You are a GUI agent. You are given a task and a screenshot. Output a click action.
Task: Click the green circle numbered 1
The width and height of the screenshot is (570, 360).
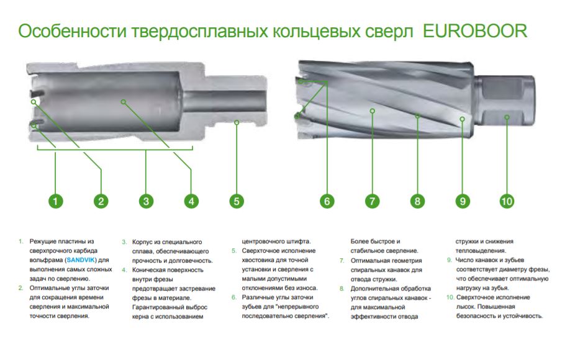pyautogui.click(x=55, y=200)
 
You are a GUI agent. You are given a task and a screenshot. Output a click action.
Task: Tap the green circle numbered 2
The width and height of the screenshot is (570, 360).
pyautogui.click(x=101, y=200)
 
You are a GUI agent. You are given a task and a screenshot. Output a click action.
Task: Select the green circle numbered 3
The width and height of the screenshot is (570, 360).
pyautogui.click(x=146, y=200)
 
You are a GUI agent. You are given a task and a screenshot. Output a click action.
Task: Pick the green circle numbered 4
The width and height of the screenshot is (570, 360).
pyautogui.click(x=191, y=200)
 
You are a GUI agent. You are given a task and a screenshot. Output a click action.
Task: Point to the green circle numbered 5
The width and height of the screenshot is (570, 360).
pyautogui.click(x=236, y=200)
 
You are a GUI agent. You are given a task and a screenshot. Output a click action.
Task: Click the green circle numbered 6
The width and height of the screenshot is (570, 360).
pyautogui.click(x=327, y=200)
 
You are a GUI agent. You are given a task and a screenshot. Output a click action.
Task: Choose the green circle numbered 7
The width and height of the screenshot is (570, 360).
pyautogui.click(x=372, y=200)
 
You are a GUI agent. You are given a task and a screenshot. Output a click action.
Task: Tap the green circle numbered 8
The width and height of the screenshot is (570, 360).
pyautogui.click(x=417, y=200)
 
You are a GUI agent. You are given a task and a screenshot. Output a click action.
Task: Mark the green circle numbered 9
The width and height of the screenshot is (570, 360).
pyautogui.click(x=462, y=200)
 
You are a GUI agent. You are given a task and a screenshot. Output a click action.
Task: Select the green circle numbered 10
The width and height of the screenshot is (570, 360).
pyautogui.click(x=507, y=200)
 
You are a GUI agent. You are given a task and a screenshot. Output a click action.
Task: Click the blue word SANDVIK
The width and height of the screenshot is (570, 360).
pyautogui.click(x=80, y=261)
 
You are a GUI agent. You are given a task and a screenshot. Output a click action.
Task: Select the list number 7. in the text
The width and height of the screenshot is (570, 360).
pyautogui.click(x=342, y=261)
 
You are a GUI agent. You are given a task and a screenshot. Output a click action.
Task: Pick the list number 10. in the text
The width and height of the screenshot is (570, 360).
pyautogui.click(x=450, y=297)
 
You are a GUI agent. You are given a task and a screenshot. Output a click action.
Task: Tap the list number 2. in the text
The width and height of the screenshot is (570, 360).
pyautogui.click(x=20, y=288)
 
